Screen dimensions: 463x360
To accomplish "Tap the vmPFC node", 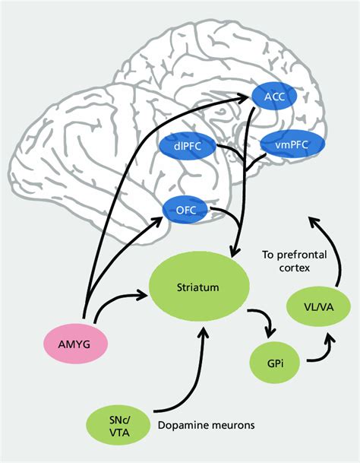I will [x=287, y=142].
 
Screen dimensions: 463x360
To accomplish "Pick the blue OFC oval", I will [x=185, y=210].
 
